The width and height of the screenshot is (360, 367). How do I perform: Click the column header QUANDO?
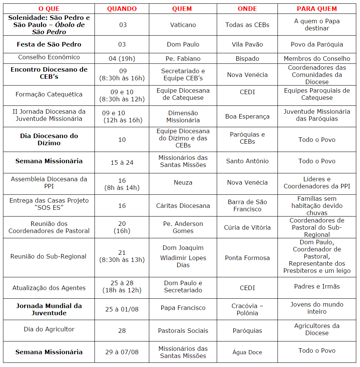[122, 9]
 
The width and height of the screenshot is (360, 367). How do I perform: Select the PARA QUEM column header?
[317, 9]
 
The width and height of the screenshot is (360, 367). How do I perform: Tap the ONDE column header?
[247, 9]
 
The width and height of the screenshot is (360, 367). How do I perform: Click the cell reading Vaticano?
[183, 25]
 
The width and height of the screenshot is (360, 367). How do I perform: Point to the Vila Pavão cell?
[247, 44]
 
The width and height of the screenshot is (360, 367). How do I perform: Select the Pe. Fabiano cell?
[183, 59]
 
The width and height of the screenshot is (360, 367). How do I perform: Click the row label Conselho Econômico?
[49, 57]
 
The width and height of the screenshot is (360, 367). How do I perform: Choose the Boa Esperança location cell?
[247, 116]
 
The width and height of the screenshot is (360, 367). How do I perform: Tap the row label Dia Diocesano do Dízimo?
[49, 139]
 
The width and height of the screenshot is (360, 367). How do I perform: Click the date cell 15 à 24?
[122, 162]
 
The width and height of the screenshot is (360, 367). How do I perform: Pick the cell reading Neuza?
[183, 182]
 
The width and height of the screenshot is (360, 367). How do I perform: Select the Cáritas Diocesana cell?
[183, 206]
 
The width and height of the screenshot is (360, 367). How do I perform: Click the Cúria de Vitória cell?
[247, 227]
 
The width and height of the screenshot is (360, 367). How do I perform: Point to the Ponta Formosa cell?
[247, 258]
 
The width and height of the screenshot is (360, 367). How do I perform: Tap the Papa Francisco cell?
[183, 308]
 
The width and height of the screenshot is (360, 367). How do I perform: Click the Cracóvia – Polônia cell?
[247, 309]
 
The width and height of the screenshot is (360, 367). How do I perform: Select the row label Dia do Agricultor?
[49, 329]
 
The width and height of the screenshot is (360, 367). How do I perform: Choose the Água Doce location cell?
[247, 352]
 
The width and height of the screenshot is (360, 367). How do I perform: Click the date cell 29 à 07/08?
[122, 352]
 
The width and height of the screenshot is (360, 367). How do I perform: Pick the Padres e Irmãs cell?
[317, 286]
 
